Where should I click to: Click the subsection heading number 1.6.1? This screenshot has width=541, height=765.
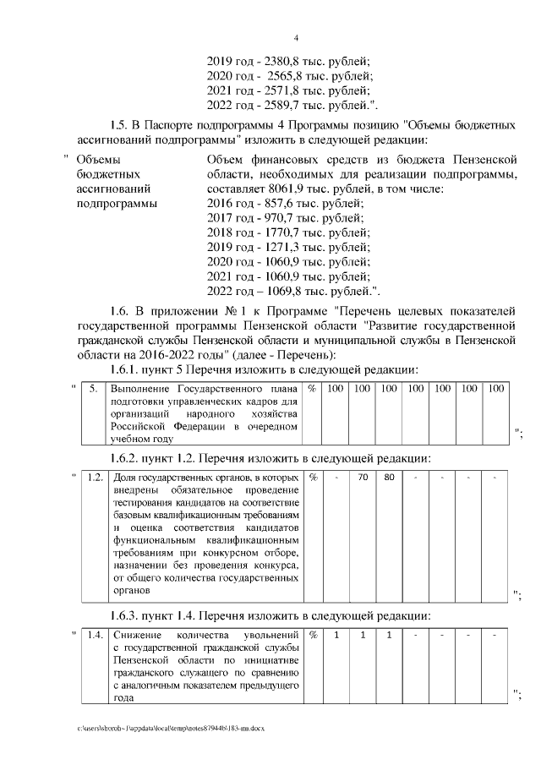point(129,370)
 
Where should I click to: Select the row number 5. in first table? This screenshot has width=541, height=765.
point(94,388)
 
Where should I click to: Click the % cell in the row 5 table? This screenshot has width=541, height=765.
point(313,388)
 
